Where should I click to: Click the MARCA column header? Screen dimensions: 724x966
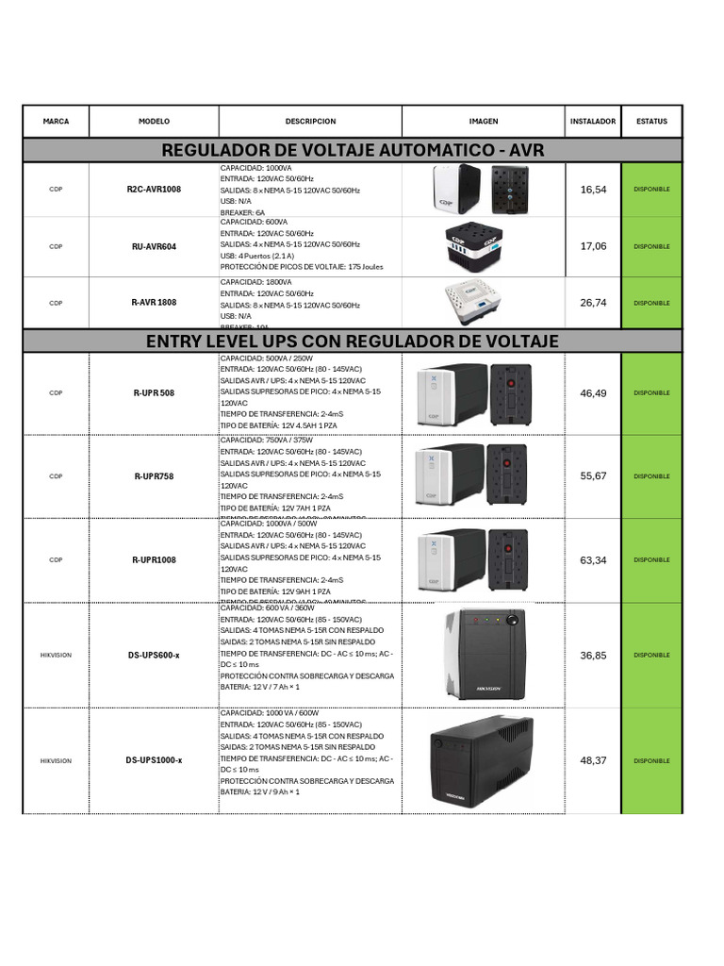(56, 122)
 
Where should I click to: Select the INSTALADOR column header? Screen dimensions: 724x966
(593, 122)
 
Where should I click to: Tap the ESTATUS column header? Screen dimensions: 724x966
(651, 122)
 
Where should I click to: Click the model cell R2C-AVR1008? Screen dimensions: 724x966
(154, 190)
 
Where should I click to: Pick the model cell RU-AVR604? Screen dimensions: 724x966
(154, 246)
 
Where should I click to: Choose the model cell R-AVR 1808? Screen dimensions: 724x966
(154, 303)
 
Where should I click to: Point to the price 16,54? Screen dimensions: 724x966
(593, 190)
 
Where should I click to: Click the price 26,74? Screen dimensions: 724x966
(593, 303)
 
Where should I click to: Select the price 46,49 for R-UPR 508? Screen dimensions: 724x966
(593, 392)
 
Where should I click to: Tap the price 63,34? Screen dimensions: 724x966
(593, 560)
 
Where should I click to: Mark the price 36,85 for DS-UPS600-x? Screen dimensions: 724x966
(593, 655)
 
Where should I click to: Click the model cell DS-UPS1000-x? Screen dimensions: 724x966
(154, 760)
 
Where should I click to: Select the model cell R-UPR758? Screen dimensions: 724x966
(154, 476)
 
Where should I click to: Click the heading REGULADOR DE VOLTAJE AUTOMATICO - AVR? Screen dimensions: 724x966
(353, 150)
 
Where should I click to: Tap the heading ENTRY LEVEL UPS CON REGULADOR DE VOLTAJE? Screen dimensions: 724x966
(353, 341)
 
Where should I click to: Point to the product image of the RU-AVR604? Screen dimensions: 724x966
(483, 246)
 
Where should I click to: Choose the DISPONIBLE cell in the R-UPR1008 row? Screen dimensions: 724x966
(651, 560)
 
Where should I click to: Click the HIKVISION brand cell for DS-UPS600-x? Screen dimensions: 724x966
(56, 655)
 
